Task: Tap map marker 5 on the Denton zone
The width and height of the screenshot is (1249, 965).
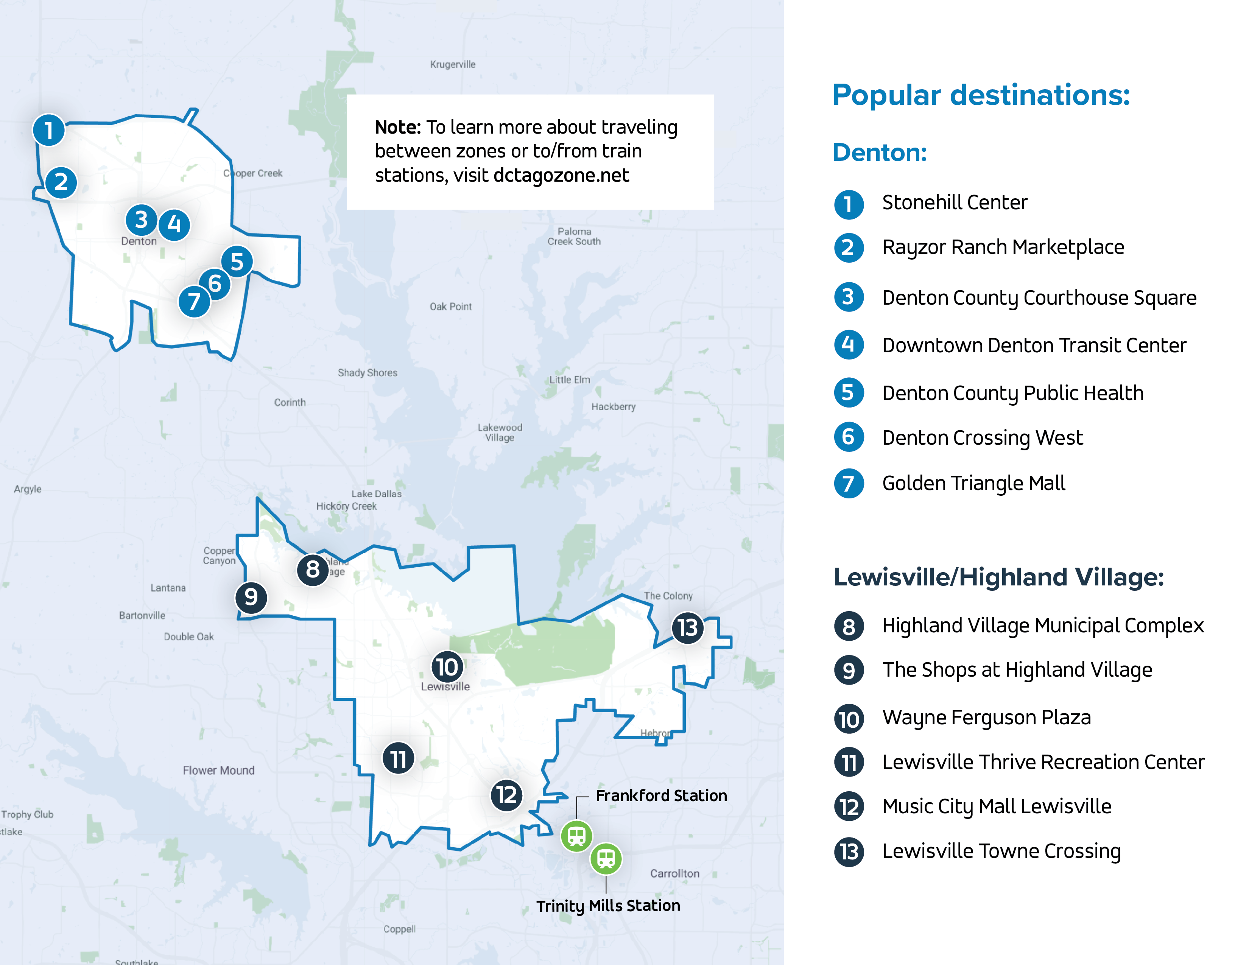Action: tap(237, 262)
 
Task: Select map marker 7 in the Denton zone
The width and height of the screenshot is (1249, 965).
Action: tap(195, 301)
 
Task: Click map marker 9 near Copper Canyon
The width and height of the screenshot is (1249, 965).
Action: tap(251, 598)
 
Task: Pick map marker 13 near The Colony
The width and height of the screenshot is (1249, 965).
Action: tap(687, 628)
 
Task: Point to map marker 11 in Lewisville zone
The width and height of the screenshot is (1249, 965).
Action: tap(398, 759)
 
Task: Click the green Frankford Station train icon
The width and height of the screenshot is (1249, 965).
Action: tap(576, 836)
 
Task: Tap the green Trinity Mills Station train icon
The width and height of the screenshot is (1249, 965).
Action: tap(606, 858)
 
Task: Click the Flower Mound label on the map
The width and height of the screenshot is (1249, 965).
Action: tap(218, 770)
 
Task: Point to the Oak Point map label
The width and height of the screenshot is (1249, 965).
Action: tap(451, 307)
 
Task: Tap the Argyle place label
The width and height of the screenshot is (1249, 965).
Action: tap(28, 489)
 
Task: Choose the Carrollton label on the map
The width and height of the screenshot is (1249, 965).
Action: tap(674, 873)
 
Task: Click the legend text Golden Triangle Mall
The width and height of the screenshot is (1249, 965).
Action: tap(973, 483)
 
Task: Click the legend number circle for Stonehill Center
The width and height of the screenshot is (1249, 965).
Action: tap(849, 204)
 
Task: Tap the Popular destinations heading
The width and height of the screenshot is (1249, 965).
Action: tap(981, 95)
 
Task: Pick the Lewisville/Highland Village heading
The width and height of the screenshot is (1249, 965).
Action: tap(998, 577)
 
